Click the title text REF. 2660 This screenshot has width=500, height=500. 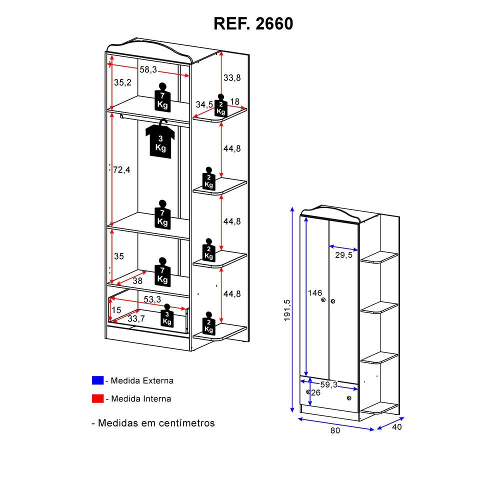[253, 23]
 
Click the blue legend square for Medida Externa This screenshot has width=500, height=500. [97, 380]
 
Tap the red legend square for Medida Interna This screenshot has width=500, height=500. [97, 398]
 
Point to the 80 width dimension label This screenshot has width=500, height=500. [335, 430]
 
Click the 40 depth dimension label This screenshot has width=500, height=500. [397, 427]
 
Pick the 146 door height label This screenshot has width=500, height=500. [315, 293]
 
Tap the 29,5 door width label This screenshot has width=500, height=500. [344, 255]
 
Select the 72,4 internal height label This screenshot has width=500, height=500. [121, 170]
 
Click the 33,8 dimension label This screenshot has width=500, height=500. [232, 77]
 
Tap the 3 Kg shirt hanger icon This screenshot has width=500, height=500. [160, 139]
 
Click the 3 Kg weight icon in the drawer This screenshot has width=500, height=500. [167, 318]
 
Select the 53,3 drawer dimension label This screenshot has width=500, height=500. [152, 299]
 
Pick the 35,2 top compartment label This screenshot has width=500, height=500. [122, 82]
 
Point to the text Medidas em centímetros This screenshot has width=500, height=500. [153, 423]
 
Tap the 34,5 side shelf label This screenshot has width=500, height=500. [204, 104]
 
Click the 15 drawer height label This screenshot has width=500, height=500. [116, 310]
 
